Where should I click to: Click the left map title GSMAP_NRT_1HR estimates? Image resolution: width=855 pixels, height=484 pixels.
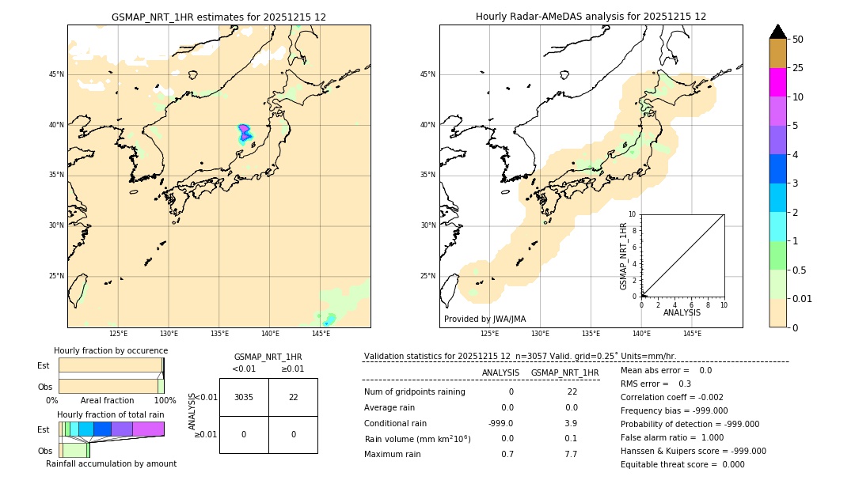pyautogui.click(x=218, y=17)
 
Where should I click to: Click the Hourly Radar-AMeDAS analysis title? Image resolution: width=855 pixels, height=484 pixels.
pyautogui.click(x=591, y=17)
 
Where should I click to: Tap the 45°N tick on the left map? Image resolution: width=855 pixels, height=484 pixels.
pyautogui.click(x=56, y=74)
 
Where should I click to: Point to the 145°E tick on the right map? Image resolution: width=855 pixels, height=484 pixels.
pyautogui.click(x=692, y=334)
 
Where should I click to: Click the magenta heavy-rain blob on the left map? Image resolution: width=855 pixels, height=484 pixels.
pyautogui.click(x=245, y=132)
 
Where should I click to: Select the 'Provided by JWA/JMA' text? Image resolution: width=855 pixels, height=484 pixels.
pyautogui.click(x=484, y=319)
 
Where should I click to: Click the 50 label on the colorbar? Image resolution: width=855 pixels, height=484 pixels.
pyautogui.click(x=798, y=40)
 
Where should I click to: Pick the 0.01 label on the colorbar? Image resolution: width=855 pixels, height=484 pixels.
pyautogui.click(x=803, y=298)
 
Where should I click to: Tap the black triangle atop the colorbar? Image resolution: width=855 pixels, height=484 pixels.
pyautogui.click(x=778, y=32)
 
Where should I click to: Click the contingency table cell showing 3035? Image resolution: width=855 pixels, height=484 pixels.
pyautogui.click(x=244, y=397)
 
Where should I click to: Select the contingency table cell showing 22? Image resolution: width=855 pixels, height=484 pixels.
pyautogui.click(x=293, y=397)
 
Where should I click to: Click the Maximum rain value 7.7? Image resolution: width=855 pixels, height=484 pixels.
pyautogui.click(x=571, y=454)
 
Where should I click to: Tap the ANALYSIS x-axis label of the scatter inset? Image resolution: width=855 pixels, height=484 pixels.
pyautogui.click(x=682, y=312)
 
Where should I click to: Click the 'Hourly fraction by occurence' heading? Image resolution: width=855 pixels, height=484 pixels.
pyautogui.click(x=111, y=350)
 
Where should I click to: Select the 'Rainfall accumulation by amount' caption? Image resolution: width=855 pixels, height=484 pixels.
pyautogui.click(x=116, y=463)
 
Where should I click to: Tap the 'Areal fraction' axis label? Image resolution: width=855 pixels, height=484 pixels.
pyautogui.click(x=107, y=400)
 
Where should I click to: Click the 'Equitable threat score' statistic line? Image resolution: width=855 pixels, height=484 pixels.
pyautogui.click(x=682, y=464)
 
